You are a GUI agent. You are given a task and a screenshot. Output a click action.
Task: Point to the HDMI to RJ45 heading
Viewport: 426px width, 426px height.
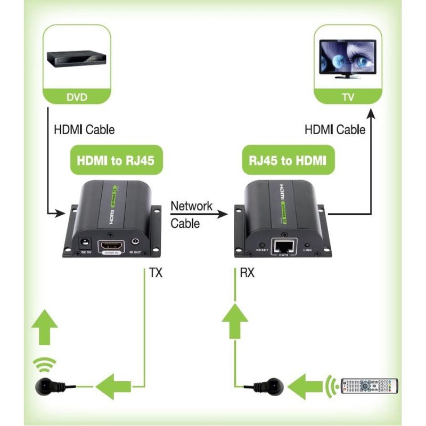[116, 161]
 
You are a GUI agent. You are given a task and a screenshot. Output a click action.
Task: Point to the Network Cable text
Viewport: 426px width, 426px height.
[191, 215]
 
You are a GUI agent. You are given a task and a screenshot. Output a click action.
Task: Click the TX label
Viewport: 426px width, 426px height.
[155, 274]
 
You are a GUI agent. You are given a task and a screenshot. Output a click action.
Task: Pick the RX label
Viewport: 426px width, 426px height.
[247, 274]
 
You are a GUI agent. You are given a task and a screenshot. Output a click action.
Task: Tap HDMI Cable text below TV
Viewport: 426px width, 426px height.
[335, 129]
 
